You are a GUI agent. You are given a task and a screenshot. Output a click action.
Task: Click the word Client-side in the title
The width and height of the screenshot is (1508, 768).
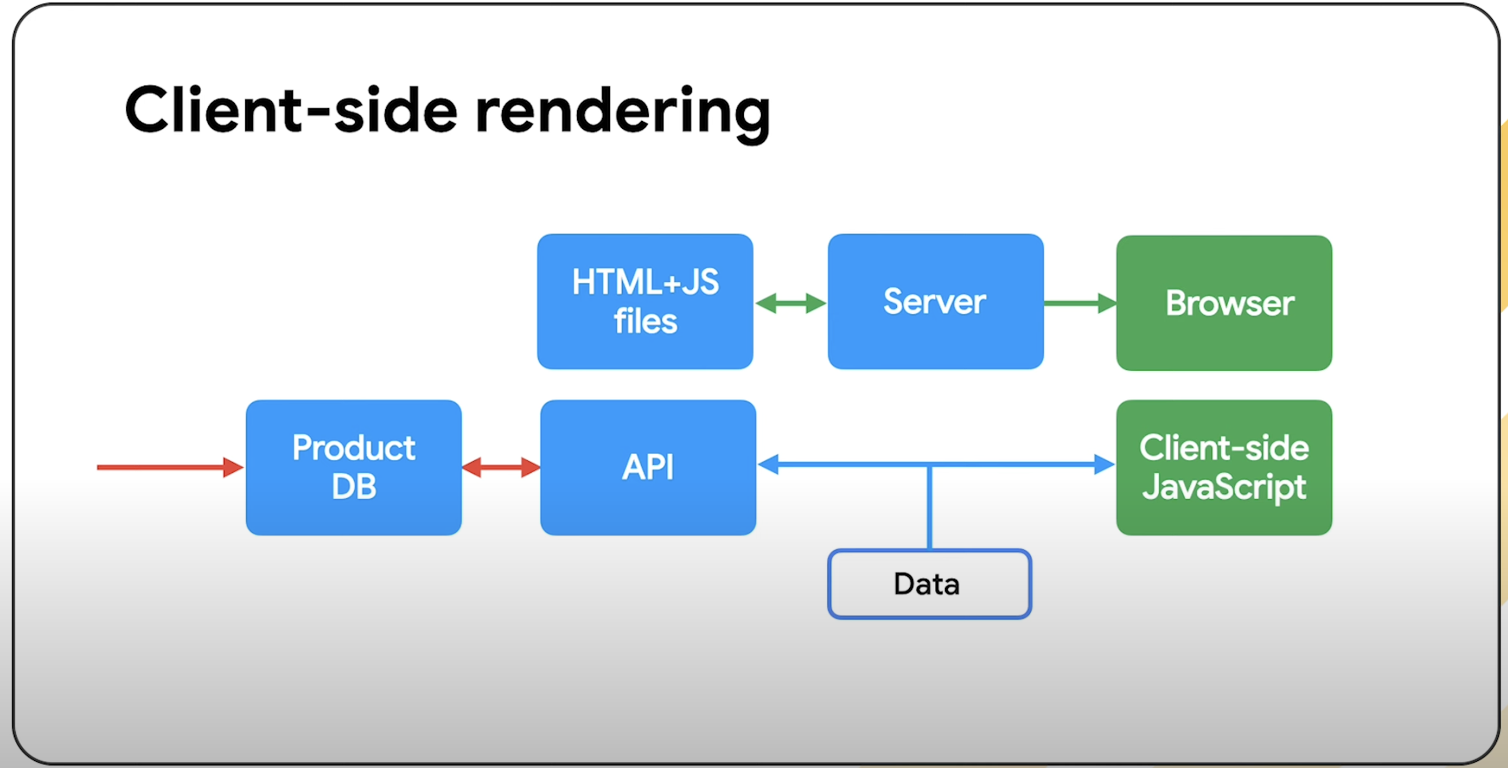pyautogui.click(x=291, y=110)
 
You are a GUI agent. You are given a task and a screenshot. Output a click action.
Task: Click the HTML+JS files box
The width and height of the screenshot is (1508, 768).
pyautogui.click(x=645, y=302)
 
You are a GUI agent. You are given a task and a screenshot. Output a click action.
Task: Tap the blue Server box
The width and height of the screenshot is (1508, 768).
pyautogui.click(x=936, y=302)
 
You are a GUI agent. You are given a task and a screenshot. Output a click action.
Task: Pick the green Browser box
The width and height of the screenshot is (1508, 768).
pyautogui.click(x=1224, y=303)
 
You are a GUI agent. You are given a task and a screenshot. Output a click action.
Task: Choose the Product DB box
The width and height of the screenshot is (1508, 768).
pyautogui.click(x=353, y=468)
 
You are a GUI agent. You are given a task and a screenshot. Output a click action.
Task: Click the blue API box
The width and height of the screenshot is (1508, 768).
pyautogui.click(x=648, y=468)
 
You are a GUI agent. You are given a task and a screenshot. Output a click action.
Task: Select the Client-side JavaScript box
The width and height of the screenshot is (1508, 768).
pyautogui.click(x=1224, y=468)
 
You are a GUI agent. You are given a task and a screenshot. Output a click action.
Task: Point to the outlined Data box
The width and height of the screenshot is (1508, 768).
pyautogui.click(x=929, y=584)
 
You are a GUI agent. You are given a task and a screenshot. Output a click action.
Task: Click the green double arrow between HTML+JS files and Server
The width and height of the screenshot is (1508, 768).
pyautogui.click(x=790, y=303)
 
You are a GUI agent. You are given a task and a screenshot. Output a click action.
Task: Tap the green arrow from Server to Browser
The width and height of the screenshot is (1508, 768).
pyautogui.click(x=1080, y=303)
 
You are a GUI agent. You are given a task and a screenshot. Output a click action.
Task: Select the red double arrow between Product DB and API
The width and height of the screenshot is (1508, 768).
pyautogui.click(x=501, y=468)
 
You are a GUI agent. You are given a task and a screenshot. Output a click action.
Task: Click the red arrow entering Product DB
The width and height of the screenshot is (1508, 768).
pyautogui.click(x=170, y=468)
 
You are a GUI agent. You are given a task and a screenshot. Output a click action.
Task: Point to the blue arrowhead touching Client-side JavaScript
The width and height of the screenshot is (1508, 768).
pyautogui.click(x=1104, y=465)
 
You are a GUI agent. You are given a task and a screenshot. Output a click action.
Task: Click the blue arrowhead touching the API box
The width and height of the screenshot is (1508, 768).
pyautogui.click(x=769, y=465)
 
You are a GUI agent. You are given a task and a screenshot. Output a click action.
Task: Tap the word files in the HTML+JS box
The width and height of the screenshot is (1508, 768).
pyautogui.click(x=645, y=321)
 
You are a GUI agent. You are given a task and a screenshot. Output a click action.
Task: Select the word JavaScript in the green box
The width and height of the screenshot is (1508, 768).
pyautogui.click(x=1224, y=488)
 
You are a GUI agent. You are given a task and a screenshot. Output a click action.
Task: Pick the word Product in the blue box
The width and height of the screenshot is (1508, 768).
pyautogui.click(x=354, y=448)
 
